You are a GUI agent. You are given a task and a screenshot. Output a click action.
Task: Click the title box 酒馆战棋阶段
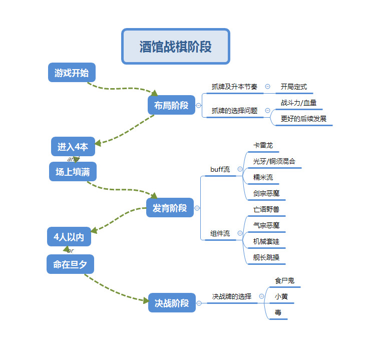175,47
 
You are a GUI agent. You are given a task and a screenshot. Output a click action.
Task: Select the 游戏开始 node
72,73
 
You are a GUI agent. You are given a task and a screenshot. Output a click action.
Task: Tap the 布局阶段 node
171,105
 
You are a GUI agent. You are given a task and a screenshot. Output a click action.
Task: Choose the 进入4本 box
73,147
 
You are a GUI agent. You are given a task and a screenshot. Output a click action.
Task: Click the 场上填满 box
73,172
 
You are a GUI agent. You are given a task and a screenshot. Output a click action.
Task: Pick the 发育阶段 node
170,208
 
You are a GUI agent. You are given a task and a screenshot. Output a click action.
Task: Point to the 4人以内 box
69,237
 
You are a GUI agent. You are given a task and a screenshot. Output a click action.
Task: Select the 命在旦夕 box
70,264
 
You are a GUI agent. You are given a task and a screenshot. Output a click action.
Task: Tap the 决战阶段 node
171,303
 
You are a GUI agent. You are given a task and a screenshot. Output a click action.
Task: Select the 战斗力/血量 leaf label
298,103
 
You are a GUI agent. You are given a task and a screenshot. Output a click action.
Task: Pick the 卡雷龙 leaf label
263,145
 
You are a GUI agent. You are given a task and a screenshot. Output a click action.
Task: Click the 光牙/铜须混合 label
274,161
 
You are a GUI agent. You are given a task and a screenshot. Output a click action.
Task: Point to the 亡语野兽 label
266,209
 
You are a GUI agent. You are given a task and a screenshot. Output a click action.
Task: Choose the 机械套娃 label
266,241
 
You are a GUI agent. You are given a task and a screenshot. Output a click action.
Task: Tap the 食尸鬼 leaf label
284,280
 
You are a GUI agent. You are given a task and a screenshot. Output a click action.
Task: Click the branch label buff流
220,169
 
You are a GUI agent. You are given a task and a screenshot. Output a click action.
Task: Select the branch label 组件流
220,233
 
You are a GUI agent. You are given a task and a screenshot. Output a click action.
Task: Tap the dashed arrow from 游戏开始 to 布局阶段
120,89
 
